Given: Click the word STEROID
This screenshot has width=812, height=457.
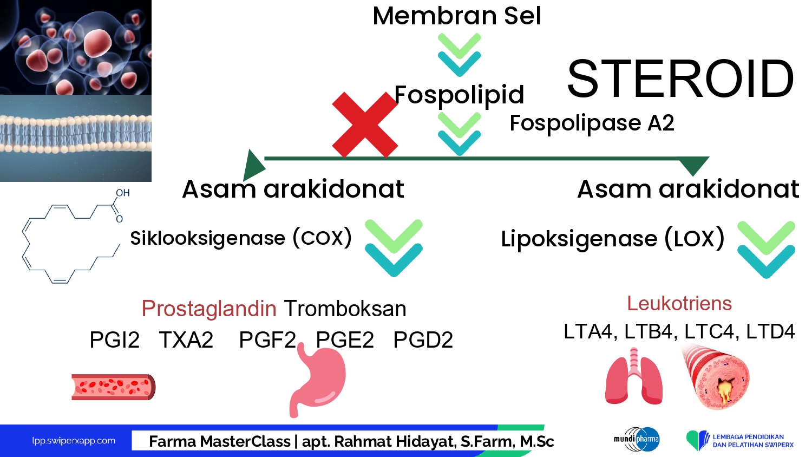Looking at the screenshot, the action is [x=680, y=79].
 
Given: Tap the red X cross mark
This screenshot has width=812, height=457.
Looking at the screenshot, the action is [x=365, y=125].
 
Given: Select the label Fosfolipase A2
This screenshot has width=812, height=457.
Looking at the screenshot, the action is [x=592, y=123].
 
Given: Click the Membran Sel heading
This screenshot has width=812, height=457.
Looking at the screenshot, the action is [x=457, y=16].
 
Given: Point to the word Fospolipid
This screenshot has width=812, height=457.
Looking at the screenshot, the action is [x=459, y=95].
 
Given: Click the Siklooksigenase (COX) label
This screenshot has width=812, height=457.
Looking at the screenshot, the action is [x=241, y=238].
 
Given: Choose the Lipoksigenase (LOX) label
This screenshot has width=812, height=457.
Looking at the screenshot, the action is [x=613, y=238].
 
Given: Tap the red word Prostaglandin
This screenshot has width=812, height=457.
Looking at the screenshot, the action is [x=209, y=308].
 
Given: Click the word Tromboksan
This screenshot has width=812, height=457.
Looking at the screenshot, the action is [x=345, y=309].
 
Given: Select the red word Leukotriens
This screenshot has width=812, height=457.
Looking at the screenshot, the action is [x=679, y=303].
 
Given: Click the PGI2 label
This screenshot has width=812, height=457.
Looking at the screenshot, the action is [x=115, y=340].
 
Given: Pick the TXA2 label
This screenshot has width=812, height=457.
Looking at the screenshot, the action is [x=186, y=340].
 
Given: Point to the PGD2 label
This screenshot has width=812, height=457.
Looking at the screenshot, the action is [x=423, y=340].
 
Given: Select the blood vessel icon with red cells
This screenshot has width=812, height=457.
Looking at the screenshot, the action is [x=114, y=387].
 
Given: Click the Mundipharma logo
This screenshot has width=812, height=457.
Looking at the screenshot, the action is [x=637, y=439].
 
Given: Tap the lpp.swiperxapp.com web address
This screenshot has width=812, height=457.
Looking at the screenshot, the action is [x=74, y=441].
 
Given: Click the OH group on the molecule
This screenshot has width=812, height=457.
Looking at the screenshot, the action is [x=122, y=193].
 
